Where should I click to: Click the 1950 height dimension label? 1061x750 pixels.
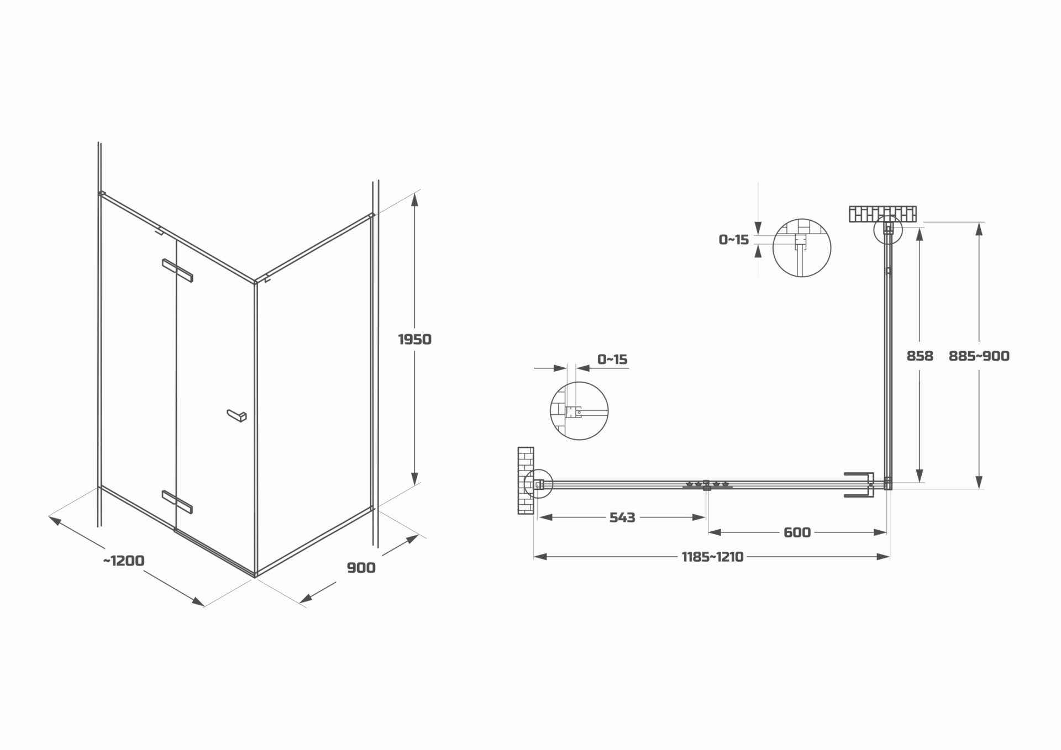(414, 339)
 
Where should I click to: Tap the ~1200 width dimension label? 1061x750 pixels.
(124, 561)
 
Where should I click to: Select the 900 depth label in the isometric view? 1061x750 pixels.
(361, 568)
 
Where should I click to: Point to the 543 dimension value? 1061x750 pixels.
(622, 517)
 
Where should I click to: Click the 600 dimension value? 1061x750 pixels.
(797, 532)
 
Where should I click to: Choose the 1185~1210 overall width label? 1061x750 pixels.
(712, 557)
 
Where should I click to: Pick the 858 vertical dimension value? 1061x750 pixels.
(920, 356)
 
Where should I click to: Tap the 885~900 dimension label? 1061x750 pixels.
(979, 356)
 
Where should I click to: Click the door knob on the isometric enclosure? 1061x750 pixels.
(237, 415)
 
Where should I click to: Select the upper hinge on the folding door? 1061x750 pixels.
(177, 270)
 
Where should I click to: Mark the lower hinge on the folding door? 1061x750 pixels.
(177, 501)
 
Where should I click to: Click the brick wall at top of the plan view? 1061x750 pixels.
(883, 214)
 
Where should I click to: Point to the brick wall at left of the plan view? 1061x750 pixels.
(526, 480)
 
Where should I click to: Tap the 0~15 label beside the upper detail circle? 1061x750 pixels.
(733, 240)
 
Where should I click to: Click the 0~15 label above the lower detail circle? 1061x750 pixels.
(612, 360)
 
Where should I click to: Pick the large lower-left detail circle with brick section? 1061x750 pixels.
(579, 411)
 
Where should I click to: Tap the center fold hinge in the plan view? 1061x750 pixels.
(706, 485)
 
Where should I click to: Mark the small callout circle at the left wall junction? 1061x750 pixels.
(538, 484)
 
